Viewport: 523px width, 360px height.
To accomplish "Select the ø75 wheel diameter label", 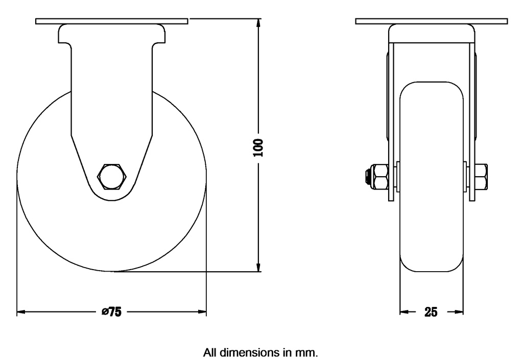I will tap(111, 312).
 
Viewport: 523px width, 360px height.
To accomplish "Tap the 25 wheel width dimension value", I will tap(431, 312).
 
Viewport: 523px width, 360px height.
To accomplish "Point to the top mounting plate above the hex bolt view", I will tap(112, 21).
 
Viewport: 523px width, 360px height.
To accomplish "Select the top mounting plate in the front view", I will tap(432, 21).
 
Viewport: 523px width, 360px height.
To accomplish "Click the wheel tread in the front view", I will tap(432, 230).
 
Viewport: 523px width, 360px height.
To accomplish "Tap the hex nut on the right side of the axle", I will tap(481, 177).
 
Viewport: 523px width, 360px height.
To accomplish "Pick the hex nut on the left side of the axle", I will tap(381, 177).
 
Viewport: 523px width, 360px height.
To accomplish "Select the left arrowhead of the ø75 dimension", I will tap(21, 311).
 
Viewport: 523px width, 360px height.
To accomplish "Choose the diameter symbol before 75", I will tap(104, 312).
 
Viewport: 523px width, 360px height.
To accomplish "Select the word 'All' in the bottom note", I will tap(211, 352).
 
